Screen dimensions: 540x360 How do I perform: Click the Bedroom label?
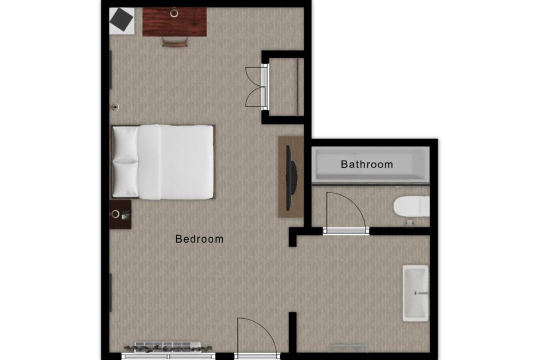click(199, 238)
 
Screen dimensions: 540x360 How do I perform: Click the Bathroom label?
click(367, 164)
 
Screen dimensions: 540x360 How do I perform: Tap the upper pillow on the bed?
click(125, 144)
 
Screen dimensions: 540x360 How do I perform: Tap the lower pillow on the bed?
click(125, 179)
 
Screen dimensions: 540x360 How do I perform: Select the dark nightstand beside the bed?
click(120, 214)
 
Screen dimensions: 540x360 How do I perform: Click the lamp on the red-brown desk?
click(174, 13)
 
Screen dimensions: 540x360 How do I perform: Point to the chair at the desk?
click(175, 41)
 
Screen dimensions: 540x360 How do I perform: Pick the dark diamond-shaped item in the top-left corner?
click(121, 19)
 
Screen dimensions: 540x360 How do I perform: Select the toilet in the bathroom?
click(411, 206)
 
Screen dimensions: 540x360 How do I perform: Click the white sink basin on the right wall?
click(415, 293)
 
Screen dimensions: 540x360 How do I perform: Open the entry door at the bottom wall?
click(257, 336)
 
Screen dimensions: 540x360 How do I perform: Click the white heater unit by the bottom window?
click(167, 345)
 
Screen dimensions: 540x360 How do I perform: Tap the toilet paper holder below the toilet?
click(409, 223)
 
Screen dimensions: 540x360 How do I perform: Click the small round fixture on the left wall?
click(114, 107)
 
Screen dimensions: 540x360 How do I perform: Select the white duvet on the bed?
click(175, 162)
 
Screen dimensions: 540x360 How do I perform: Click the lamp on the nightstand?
click(115, 214)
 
